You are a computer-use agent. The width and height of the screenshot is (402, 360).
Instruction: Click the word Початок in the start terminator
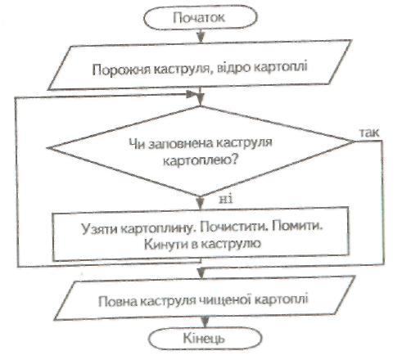pos(199,17)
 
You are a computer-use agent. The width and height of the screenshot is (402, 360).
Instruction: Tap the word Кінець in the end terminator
pos(204,339)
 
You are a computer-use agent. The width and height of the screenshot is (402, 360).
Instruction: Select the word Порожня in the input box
pos(121,70)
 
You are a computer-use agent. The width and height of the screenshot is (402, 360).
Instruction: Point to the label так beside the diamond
pos(369,133)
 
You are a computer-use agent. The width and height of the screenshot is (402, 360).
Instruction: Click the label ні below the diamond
pos(226,200)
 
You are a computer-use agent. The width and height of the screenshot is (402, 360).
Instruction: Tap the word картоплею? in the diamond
pos(200,160)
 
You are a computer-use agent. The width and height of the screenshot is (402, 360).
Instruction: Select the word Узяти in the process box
pos(99,228)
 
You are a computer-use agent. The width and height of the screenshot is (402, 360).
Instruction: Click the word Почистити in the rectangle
pos(234,227)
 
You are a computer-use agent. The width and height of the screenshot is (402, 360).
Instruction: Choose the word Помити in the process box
pos(297,227)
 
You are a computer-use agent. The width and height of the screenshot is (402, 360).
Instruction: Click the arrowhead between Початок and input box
pos(201,38)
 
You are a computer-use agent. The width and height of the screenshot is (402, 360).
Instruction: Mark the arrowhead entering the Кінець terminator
pos(205,322)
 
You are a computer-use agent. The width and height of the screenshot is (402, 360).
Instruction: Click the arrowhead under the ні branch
pos(201,202)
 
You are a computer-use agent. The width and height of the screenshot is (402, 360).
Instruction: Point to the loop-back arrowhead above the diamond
pos(192,95)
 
